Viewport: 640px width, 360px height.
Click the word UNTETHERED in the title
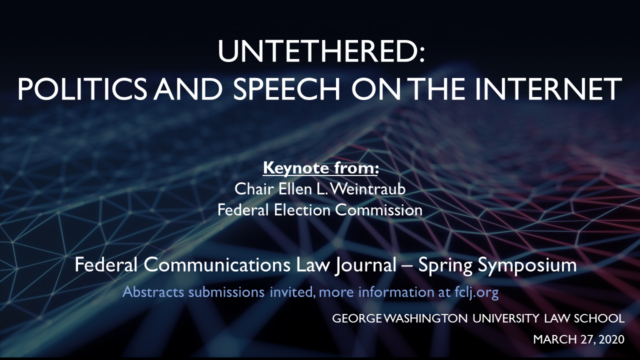pos(316,51)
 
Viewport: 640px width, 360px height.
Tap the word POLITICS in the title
pos(82,89)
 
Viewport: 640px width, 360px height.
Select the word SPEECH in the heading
pos(286,89)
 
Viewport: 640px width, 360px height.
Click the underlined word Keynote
pos(295,168)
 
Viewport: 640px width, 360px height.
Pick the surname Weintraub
pos(367,189)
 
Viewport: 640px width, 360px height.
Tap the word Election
pos(302,210)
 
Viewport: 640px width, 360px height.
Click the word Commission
pos(378,210)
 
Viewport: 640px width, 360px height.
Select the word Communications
pos(217,265)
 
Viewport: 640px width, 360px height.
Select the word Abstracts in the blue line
pos(153,292)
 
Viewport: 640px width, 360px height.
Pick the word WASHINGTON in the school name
pos(425,318)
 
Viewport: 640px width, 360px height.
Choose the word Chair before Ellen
pos(254,189)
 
